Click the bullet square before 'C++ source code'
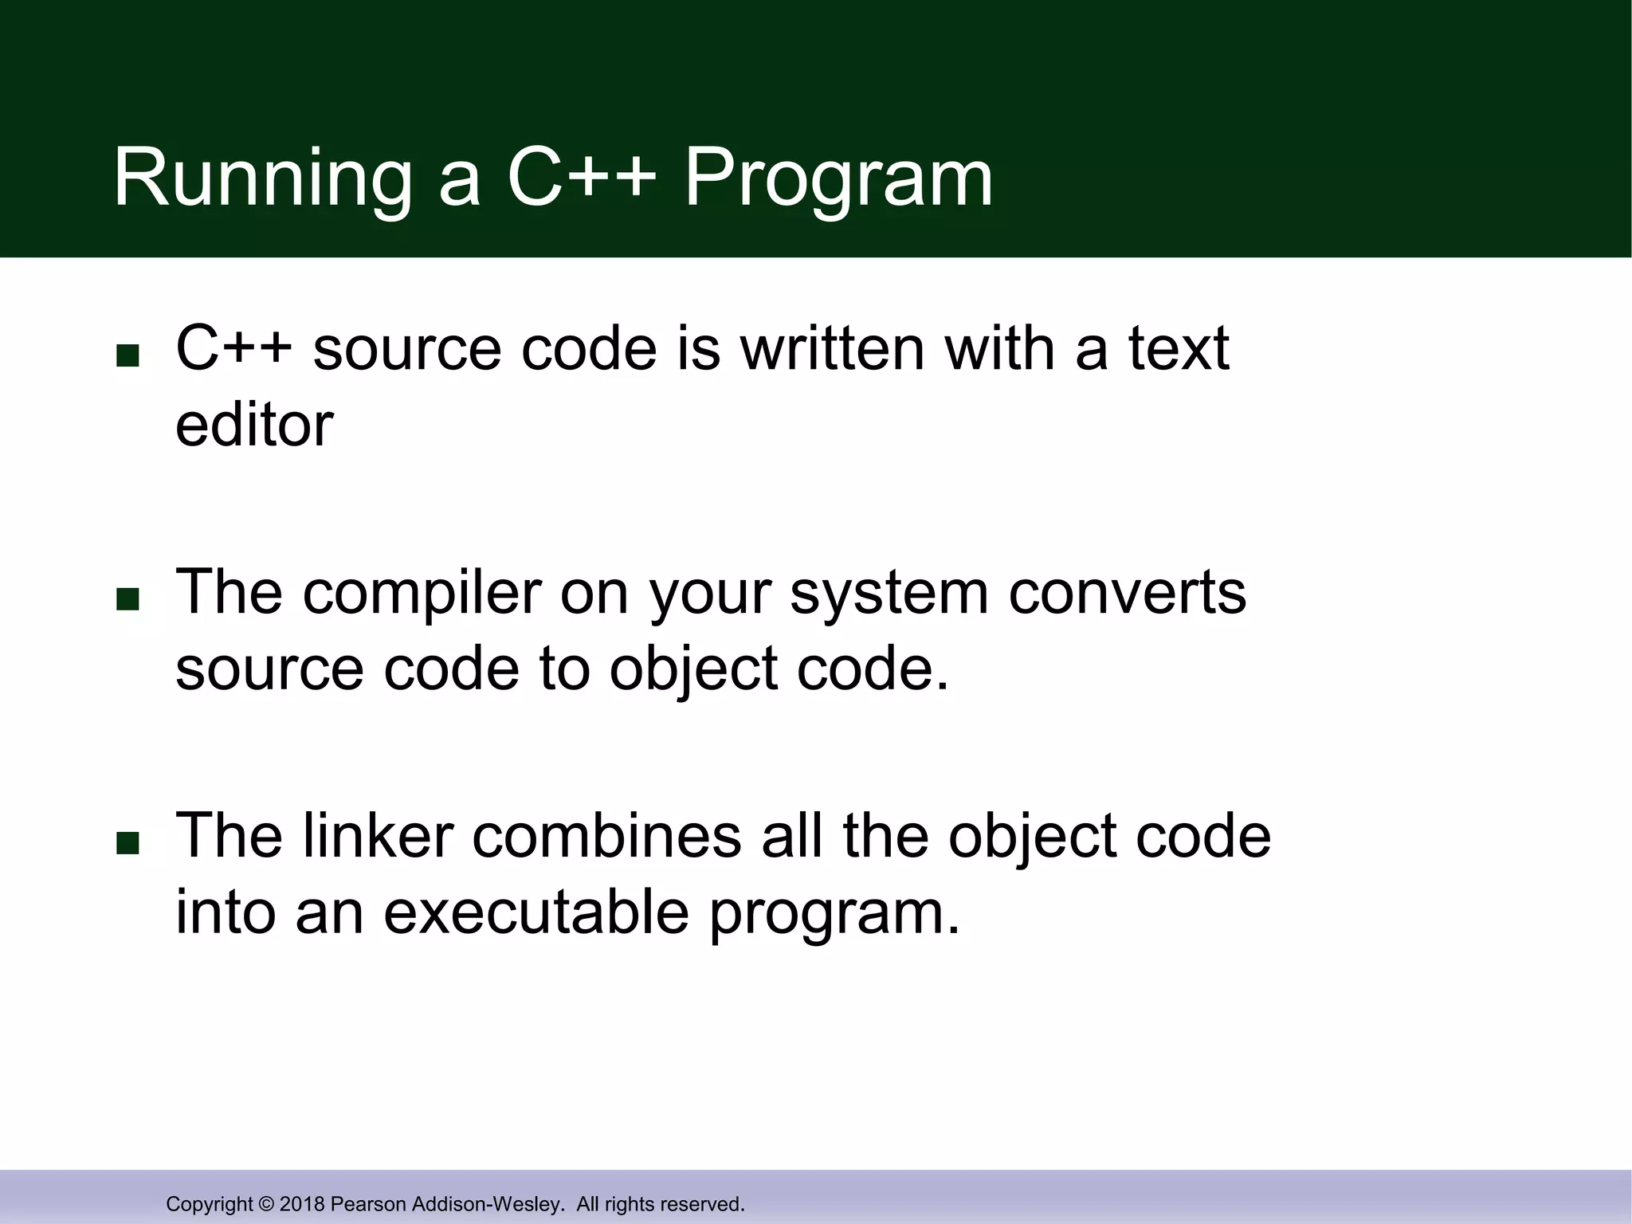pos(127,355)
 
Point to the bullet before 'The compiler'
pos(127,599)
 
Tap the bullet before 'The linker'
pos(127,843)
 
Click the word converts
pos(1127,593)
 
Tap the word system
pos(889,594)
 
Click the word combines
pos(606,836)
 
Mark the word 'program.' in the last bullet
pos(834,913)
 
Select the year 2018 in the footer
pos(302,1204)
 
